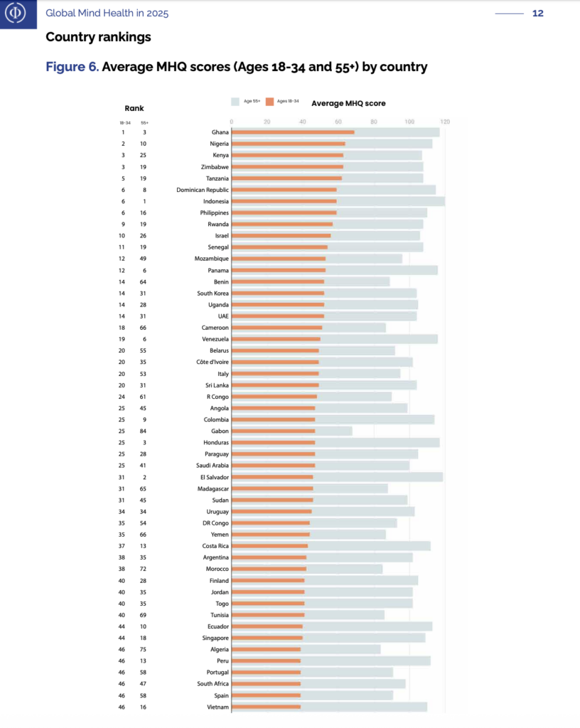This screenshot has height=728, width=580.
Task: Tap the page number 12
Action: coord(537,14)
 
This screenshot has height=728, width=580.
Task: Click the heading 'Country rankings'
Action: coord(98,37)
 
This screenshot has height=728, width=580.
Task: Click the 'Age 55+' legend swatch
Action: coord(235,102)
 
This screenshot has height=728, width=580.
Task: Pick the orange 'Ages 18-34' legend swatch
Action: coord(269,102)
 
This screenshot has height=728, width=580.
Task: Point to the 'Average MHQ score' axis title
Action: coord(348,104)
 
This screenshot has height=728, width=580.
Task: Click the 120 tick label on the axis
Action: coord(445,122)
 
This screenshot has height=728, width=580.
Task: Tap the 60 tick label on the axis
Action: coord(338,122)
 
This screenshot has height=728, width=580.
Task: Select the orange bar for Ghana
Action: coord(293,132)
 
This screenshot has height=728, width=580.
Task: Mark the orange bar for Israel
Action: coord(281,235)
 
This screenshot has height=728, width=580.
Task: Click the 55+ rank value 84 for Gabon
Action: coord(144,431)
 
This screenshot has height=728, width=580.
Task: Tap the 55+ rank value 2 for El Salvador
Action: coord(144,477)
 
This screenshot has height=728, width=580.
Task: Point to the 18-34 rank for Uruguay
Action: coord(122,512)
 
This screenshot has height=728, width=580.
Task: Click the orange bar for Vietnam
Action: coord(266,707)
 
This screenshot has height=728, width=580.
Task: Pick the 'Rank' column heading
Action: coord(134,109)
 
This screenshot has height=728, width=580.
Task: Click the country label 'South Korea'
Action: coord(213,293)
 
